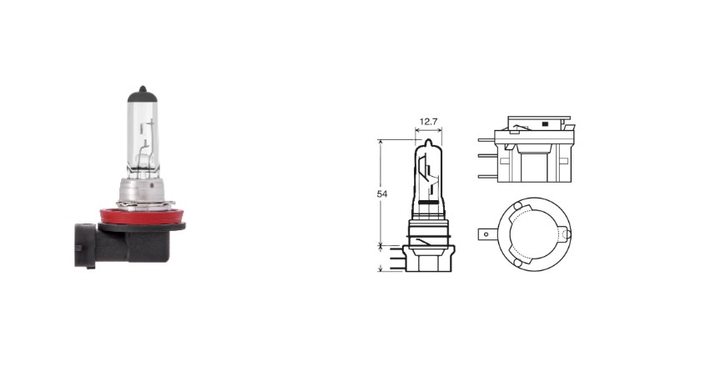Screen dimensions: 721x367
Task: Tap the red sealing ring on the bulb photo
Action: pos(142,216)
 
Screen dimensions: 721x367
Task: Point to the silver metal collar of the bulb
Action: pos(143,192)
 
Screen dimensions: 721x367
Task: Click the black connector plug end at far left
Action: pos(85,246)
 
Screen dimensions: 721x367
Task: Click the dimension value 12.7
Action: pos(429,122)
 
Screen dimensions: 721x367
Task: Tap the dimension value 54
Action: pos(382,194)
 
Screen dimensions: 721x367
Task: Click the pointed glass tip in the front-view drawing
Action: pos(428,143)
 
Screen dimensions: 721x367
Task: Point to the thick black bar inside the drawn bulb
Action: pos(428,203)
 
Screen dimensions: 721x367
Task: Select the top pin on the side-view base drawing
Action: pos(487,139)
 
